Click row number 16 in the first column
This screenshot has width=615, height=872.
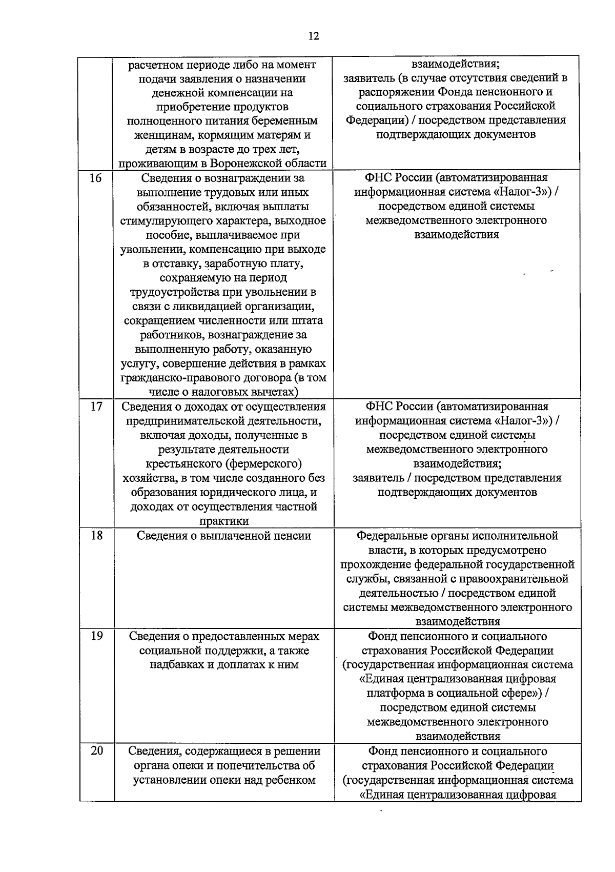pyautogui.click(x=96, y=178)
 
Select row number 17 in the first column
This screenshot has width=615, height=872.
pyautogui.click(x=96, y=407)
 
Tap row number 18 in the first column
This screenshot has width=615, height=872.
pyautogui.click(x=96, y=536)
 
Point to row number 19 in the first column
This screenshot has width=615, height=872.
pyautogui.click(x=96, y=636)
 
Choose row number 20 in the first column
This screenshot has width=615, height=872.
pyautogui.click(x=96, y=751)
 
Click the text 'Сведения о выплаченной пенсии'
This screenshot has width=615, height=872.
pyautogui.click(x=224, y=536)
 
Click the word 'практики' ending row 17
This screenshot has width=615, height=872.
pyautogui.click(x=224, y=521)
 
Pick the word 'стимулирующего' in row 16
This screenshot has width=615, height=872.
pyautogui.click(x=170, y=221)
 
